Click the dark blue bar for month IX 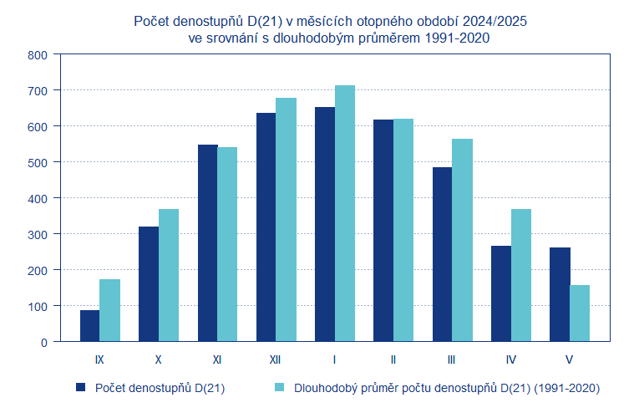pos(89,325)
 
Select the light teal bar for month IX pos(109,310)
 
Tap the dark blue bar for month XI pos(207,242)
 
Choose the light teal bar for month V pos(580,313)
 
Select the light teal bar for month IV pos(521,275)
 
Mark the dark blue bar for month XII pos(266,227)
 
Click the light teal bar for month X pos(169,275)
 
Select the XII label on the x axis pos(276,359)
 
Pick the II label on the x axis pos(393,359)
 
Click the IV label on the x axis pos(510,359)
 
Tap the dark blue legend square pos(81,387)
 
